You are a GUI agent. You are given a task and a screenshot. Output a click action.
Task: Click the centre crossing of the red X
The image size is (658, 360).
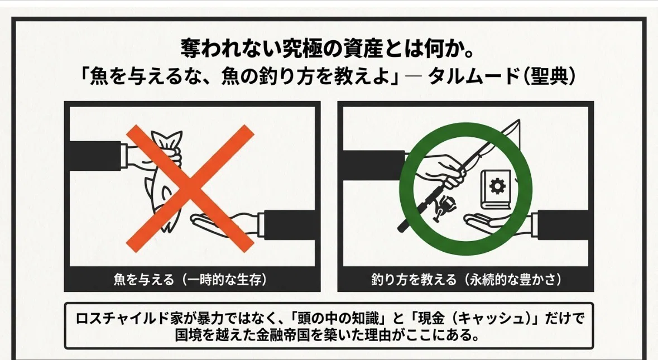tap(190, 188)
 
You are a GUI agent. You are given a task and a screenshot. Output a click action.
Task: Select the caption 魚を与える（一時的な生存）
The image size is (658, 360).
tap(190, 280)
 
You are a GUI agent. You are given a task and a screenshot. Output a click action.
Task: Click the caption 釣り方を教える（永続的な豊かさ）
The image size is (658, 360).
tap(466, 280)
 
